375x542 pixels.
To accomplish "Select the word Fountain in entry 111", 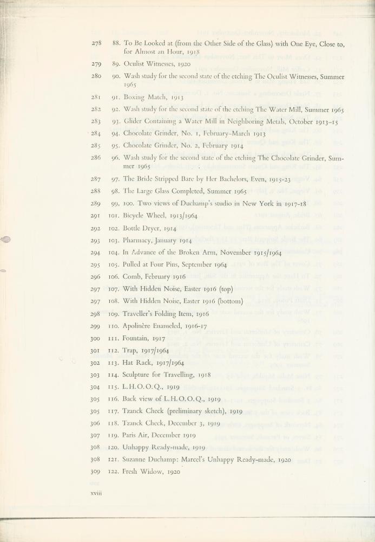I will pos(137,338).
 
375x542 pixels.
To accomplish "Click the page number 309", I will pos(96,472).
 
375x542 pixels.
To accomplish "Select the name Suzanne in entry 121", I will pos(137,460).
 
